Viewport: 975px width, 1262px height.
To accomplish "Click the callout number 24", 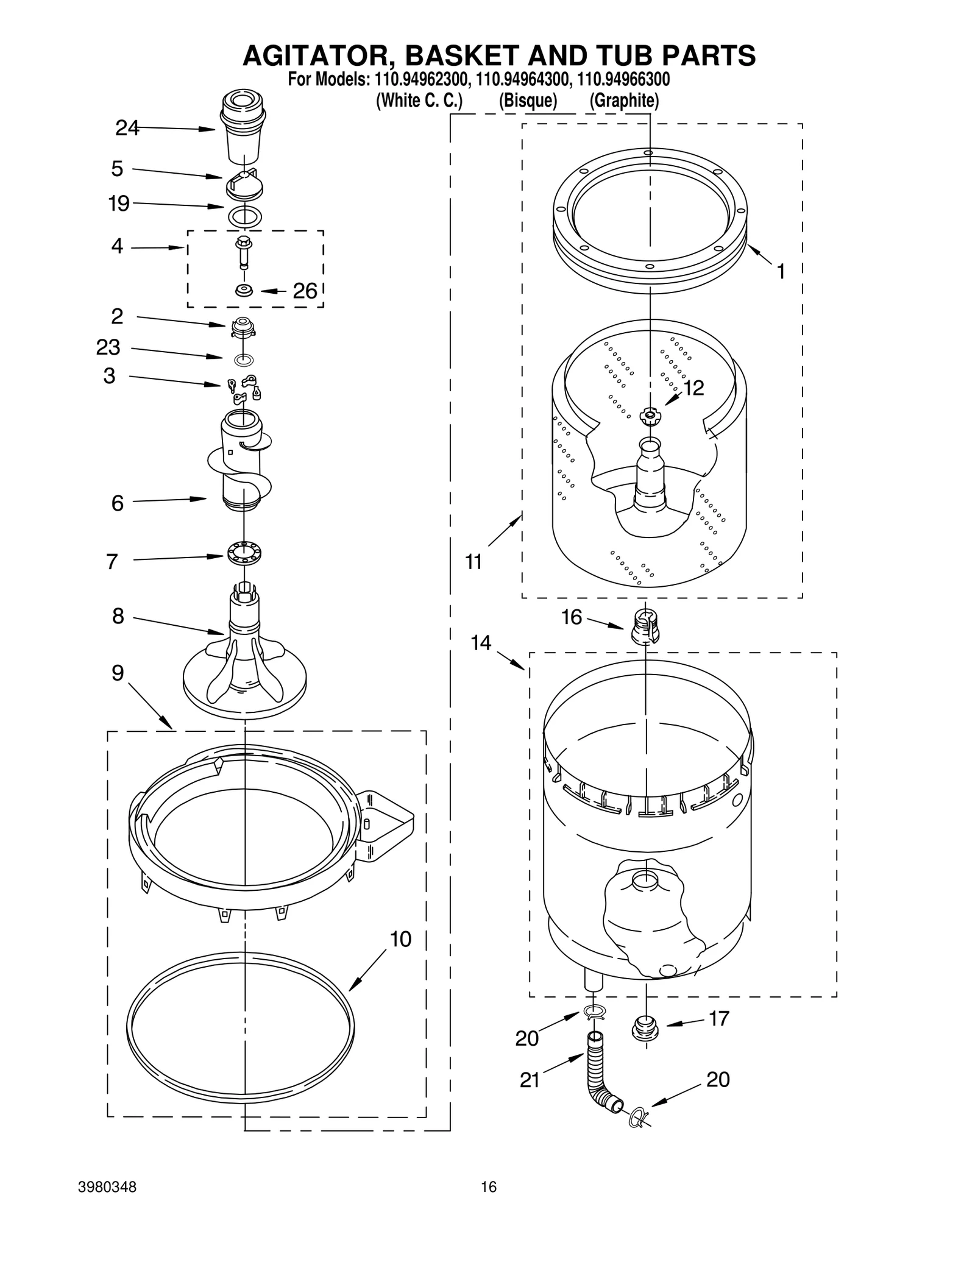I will pos(127,128).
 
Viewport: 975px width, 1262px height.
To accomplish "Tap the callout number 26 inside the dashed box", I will pos(305,291).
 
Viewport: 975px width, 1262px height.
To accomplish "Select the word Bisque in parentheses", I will pos(528,101).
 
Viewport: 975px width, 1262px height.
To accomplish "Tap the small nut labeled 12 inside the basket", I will pos(650,416).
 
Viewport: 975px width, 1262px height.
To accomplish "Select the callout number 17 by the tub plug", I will pos(719,1018).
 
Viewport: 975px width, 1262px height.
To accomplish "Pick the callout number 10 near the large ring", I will pos(400,940).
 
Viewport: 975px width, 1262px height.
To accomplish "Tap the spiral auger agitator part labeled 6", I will pos(242,463).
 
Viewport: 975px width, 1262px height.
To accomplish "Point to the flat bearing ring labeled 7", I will pos(244,553).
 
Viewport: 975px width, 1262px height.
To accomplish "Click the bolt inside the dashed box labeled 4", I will pos(244,252).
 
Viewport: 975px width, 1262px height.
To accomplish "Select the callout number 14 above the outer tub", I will pos(481,643).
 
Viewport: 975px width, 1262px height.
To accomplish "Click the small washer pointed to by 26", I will pos(244,290).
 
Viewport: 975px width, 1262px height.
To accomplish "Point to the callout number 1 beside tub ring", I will pos(781,272).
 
